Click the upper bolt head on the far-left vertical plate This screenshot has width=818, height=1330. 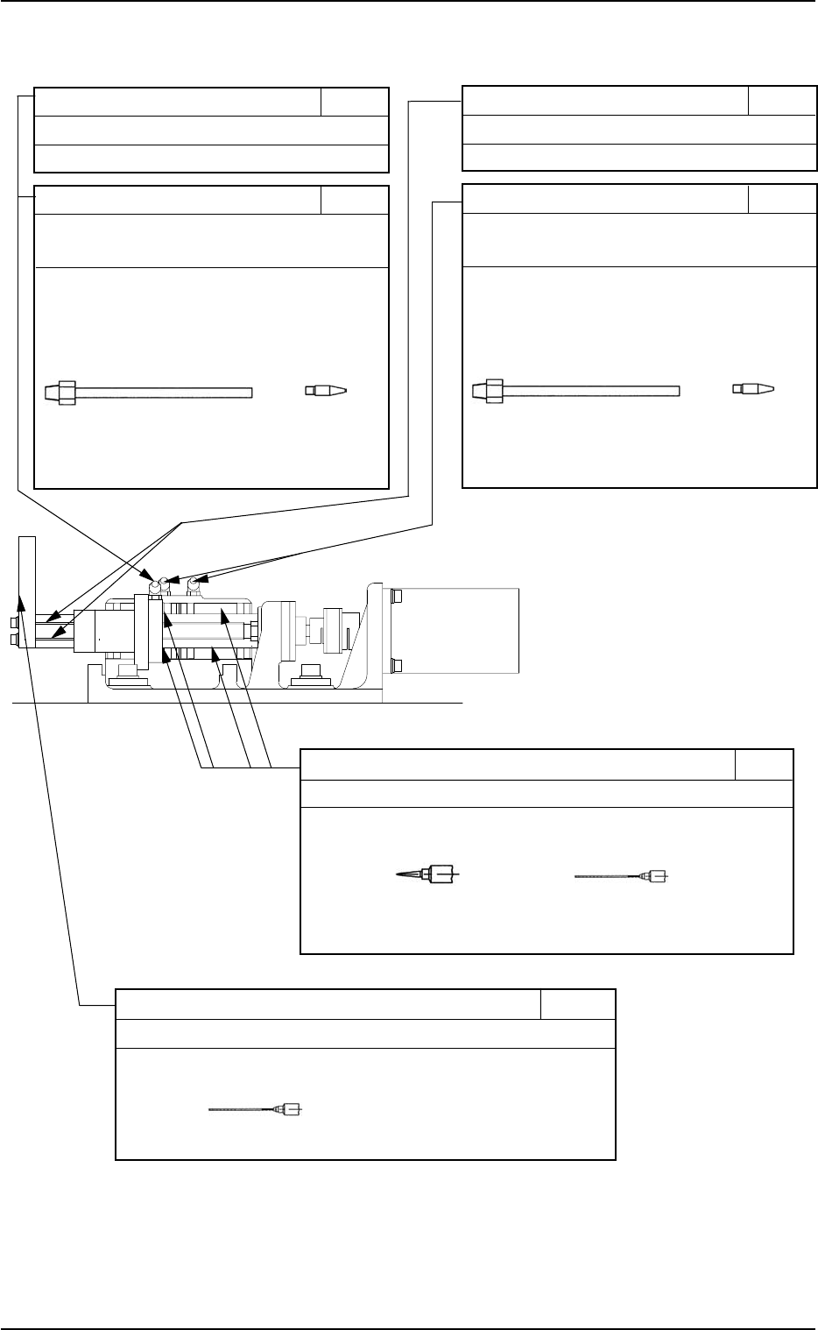(x=13, y=623)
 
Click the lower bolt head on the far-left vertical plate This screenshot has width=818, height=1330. (x=13, y=640)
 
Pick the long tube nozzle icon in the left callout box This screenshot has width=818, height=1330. (x=148, y=391)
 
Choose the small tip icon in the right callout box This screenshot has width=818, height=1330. (x=753, y=388)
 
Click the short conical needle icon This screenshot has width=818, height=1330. (x=428, y=874)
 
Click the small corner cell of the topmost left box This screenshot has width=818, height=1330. (x=354, y=102)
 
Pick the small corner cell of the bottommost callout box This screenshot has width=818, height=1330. (x=577, y=1004)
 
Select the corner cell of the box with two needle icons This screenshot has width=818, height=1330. (x=764, y=764)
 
